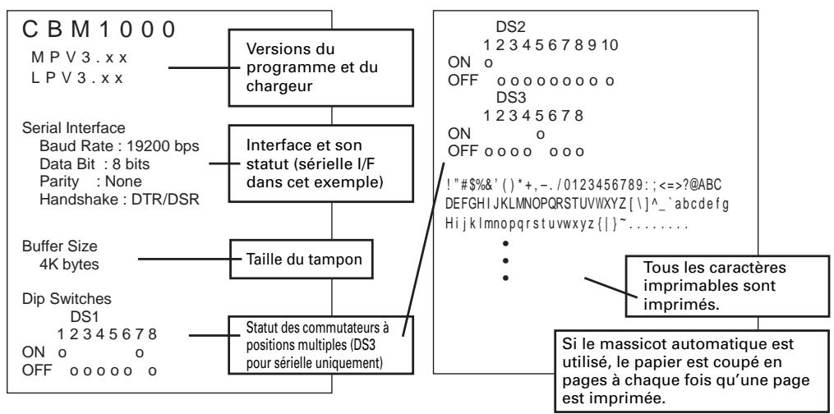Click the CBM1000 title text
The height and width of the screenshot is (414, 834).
(x=99, y=30)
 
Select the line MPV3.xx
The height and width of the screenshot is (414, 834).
(x=80, y=57)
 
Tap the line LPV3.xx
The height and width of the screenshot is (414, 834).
(x=78, y=78)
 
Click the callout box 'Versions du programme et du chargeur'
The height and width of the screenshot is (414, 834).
(x=320, y=68)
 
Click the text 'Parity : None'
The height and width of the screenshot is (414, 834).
(x=90, y=182)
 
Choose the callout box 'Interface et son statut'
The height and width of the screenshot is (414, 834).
(x=320, y=163)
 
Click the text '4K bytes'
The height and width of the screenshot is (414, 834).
(x=69, y=264)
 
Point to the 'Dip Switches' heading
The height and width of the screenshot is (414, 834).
(x=67, y=300)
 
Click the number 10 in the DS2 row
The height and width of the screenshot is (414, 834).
(x=611, y=45)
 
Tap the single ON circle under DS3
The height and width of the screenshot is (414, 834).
(x=541, y=135)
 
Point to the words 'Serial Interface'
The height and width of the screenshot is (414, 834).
(x=74, y=129)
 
